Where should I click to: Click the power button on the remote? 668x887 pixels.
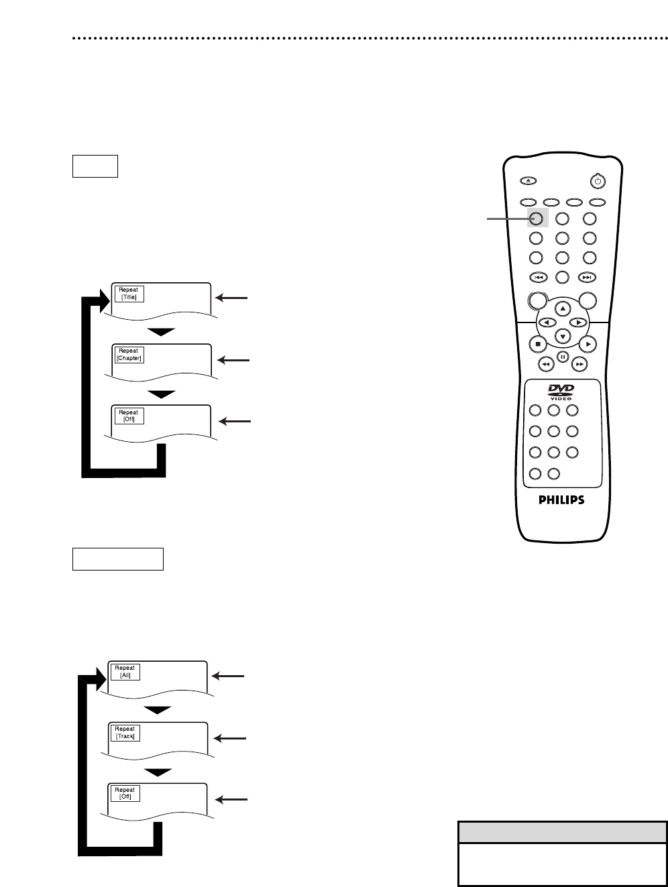click(598, 181)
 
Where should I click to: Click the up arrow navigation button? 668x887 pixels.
click(563, 308)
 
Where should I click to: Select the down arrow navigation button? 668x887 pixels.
click(563, 336)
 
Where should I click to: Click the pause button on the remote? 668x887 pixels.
click(563, 356)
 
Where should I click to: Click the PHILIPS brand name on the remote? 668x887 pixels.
click(562, 499)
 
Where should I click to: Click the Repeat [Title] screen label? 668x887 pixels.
click(128, 294)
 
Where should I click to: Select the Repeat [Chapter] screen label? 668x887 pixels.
click(128, 354)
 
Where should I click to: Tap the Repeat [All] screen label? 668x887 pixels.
click(125, 672)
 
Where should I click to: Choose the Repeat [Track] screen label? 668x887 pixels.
click(125, 732)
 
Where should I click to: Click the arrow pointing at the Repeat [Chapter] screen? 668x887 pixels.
click(234, 361)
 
